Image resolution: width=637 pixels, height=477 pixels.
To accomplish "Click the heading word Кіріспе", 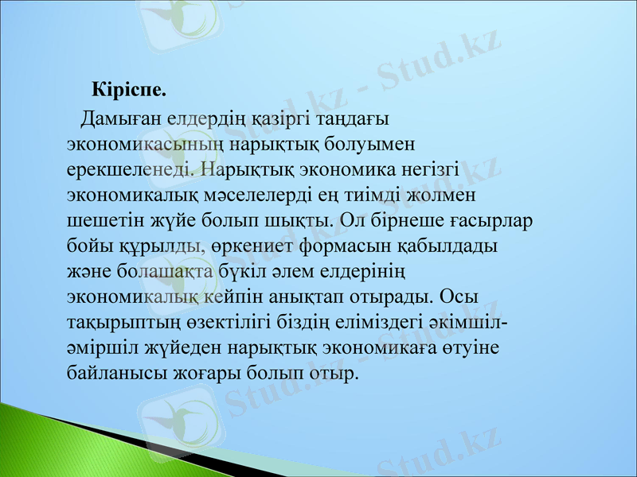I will click(129, 87).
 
